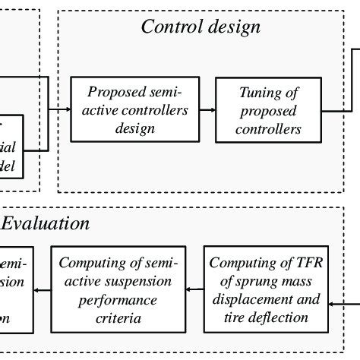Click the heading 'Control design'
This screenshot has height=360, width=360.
201,27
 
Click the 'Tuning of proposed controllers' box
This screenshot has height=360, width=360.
270,109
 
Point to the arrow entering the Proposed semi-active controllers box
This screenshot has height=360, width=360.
59,110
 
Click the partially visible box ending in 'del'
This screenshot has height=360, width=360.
15,148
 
